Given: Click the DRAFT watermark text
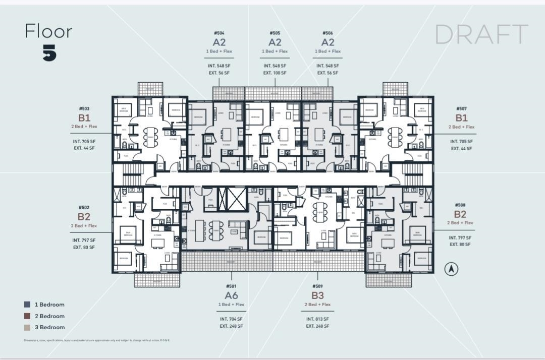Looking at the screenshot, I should tap(481, 34).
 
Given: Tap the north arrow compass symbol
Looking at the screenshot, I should tap(451, 269).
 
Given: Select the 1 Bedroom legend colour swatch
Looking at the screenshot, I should tap(27, 305).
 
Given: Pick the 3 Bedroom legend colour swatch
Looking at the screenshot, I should tap(27, 327).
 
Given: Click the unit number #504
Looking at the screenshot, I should tap(219, 33).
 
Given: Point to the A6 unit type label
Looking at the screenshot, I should tap(231, 295).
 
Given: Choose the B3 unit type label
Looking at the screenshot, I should tap(317, 295).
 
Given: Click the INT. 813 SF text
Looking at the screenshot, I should tap(317, 319).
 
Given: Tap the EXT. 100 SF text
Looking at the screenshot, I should tap(275, 73).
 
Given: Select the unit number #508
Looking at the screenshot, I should tap(460, 205).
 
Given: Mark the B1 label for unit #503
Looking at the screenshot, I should tap(84, 117).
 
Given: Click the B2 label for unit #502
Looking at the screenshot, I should tap(84, 217).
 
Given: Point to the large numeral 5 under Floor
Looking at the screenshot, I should tap(49, 52).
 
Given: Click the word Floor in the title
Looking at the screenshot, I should tap(48, 31).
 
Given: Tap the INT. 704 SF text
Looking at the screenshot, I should tap(231, 319).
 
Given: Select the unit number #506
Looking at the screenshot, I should tap(328, 33).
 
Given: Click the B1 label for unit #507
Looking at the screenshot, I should tap(461, 118).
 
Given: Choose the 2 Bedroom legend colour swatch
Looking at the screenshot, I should tap(27, 316).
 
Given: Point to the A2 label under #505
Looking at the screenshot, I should tap(275, 42).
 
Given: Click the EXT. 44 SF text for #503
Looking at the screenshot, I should tap(84, 148).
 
